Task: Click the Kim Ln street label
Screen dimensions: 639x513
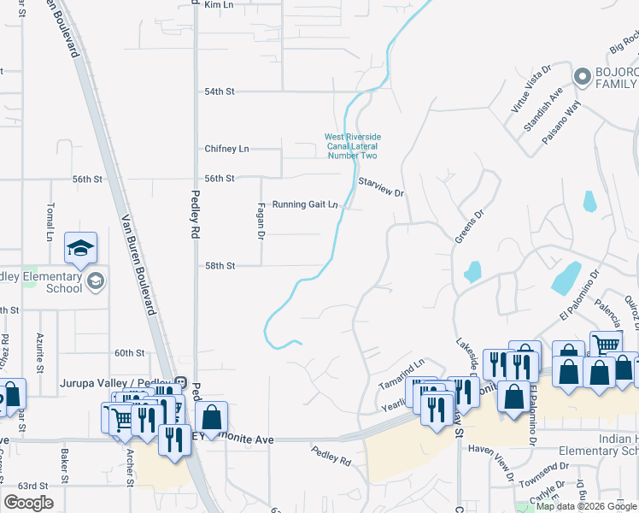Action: tap(220, 5)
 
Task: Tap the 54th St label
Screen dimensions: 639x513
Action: tap(220, 91)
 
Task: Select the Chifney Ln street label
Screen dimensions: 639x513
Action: tap(226, 149)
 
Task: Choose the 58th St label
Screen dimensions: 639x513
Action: tap(220, 266)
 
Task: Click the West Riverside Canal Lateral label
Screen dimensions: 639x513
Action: tap(352, 146)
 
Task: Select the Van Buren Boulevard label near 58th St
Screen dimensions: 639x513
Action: tap(139, 265)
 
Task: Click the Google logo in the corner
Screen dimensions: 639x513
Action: tap(28, 503)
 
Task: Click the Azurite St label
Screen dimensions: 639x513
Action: tap(39, 353)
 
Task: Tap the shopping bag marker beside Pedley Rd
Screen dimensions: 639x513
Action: tap(212, 418)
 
